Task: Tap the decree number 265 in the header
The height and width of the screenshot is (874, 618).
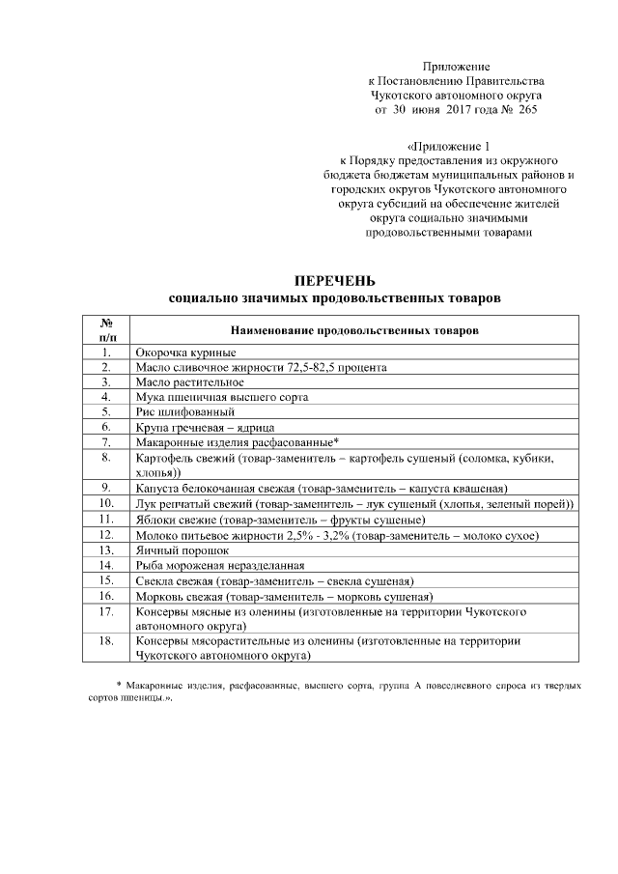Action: tap(526, 111)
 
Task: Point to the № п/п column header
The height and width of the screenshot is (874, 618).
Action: tap(107, 330)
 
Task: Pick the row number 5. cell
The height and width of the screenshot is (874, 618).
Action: tap(107, 411)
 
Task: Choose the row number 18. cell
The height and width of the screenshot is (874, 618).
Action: tap(107, 640)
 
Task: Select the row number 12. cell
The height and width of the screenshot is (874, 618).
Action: tap(107, 535)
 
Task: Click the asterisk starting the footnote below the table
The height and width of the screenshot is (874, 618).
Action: tap(119, 685)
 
